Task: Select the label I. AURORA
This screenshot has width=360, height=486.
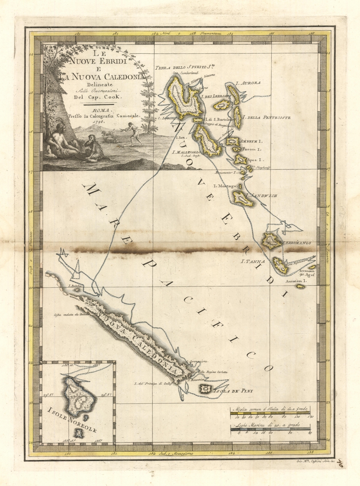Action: pyautogui.click(x=248, y=83)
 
